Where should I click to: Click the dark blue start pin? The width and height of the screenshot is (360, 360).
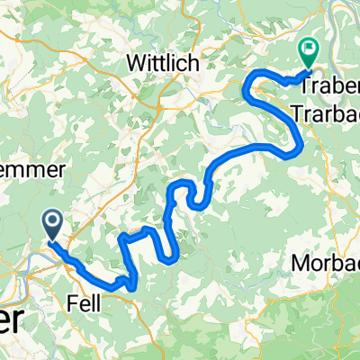point(52,224)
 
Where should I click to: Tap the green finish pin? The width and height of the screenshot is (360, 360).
point(310,53)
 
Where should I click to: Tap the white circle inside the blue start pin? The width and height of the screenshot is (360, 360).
point(52,220)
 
